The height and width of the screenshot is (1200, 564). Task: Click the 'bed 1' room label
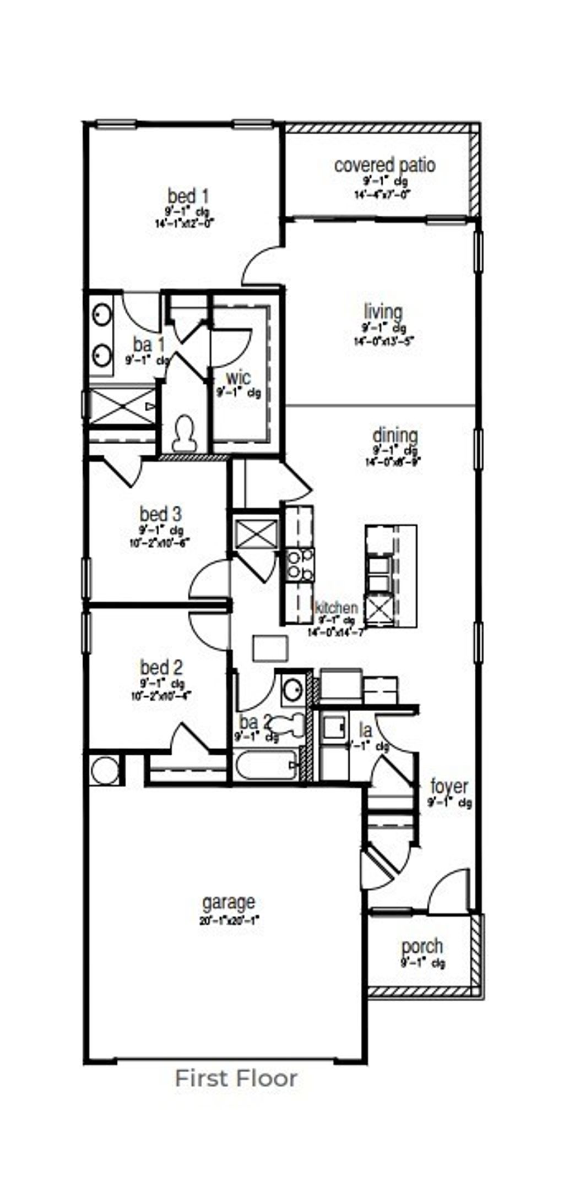188,196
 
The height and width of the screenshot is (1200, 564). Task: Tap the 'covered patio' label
384,165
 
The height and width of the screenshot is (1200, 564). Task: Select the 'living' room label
383,312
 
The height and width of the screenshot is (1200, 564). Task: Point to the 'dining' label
395,435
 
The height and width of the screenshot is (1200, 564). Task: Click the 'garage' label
229,902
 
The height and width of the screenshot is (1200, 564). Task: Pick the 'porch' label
422,946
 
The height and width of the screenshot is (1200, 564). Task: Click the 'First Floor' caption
236,1078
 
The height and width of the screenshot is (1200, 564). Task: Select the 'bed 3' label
160,515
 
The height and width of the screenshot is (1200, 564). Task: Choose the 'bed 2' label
161,668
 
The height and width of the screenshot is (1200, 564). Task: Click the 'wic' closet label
238,378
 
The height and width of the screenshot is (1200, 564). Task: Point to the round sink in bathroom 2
292,689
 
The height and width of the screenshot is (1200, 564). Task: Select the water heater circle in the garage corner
104,770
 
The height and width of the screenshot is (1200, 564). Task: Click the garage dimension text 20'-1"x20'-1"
229,920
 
